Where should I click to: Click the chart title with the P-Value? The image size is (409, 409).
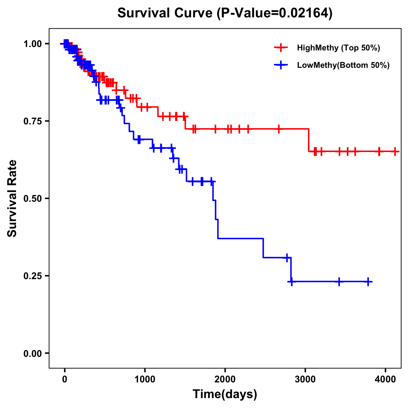[225, 13]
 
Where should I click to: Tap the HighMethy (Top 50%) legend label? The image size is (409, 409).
[338, 48]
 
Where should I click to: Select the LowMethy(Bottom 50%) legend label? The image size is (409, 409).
[343, 65]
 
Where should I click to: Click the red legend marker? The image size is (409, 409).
[281, 48]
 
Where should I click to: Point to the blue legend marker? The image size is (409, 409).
[281, 65]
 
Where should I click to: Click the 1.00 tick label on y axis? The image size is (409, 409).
[32, 44]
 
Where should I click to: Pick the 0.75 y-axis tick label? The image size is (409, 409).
[32, 121]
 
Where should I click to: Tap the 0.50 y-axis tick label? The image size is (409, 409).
[32, 198]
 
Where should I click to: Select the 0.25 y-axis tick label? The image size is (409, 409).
[32, 276]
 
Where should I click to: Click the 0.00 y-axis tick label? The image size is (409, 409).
[32, 353]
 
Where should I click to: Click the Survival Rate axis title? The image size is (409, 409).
[12, 198]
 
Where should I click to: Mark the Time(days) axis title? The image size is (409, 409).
[225, 394]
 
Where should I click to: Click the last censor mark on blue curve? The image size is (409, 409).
[368, 282]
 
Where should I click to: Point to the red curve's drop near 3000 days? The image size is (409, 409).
[309, 140]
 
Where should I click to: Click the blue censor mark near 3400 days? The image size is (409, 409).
[339, 282]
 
